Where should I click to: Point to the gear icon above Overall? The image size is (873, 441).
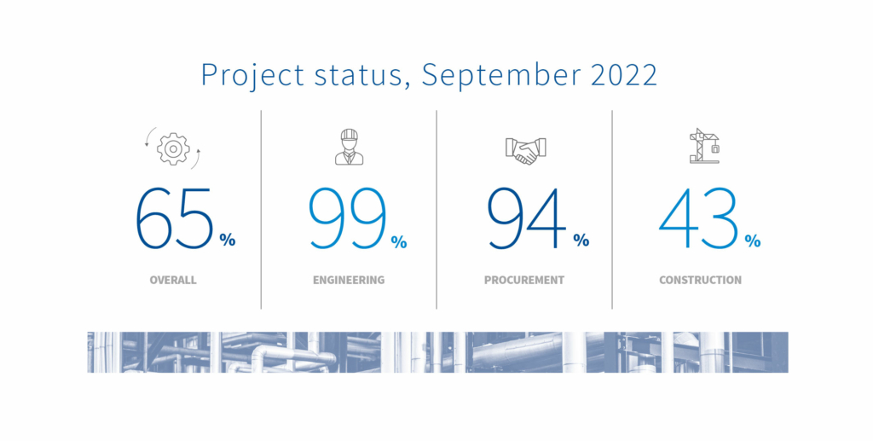click(173, 148)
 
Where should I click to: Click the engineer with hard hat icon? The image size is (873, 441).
click(349, 147)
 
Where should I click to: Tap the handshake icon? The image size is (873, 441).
click(525, 150)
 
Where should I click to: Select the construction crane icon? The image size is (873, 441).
click(704, 146)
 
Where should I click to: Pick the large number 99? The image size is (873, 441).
click(348, 218)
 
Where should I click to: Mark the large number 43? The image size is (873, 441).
click(699, 218)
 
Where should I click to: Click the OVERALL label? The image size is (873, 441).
click(173, 280)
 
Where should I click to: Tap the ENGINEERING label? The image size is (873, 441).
click(349, 280)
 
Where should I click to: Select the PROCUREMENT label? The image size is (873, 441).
click(524, 280)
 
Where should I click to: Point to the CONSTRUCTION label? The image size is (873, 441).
click(701, 280)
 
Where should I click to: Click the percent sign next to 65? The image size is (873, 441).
click(227, 240)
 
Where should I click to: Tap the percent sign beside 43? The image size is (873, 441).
click(753, 241)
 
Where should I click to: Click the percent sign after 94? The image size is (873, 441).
click(581, 240)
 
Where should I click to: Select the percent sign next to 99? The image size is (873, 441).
click(399, 241)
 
